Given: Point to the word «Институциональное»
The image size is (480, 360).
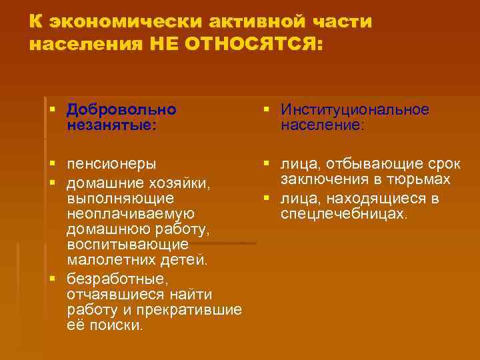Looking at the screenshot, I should click(x=355, y=109).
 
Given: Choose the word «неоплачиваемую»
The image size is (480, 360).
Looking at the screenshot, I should click(x=131, y=213).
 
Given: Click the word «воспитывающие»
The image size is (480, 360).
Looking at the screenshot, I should click(x=127, y=245).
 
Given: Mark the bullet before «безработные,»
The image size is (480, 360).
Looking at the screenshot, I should click(x=53, y=277).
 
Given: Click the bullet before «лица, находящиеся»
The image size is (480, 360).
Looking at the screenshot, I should click(x=267, y=197).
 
